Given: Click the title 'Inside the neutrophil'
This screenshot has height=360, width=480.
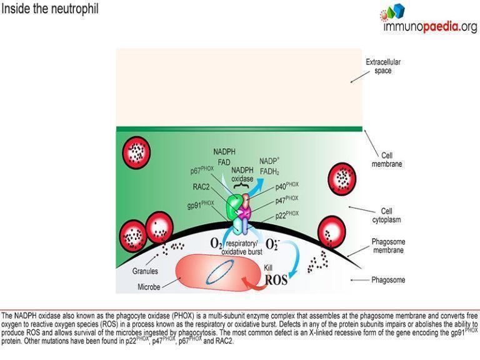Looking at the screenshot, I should pyautogui.click(x=50, y=10).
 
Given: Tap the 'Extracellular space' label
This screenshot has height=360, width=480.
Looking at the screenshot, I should pyautogui.click(x=382, y=66).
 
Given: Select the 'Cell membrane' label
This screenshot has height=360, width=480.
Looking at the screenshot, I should pyautogui.click(x=391, y=159).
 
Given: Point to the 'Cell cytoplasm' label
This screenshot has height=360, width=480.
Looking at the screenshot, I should pyautogui.click(x=391, y=215).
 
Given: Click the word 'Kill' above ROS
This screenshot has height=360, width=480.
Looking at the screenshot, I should pyautogui.click(x=269, y=267).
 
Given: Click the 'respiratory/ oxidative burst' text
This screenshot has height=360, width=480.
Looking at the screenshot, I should pyautogui.click(x=246, y=246).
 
